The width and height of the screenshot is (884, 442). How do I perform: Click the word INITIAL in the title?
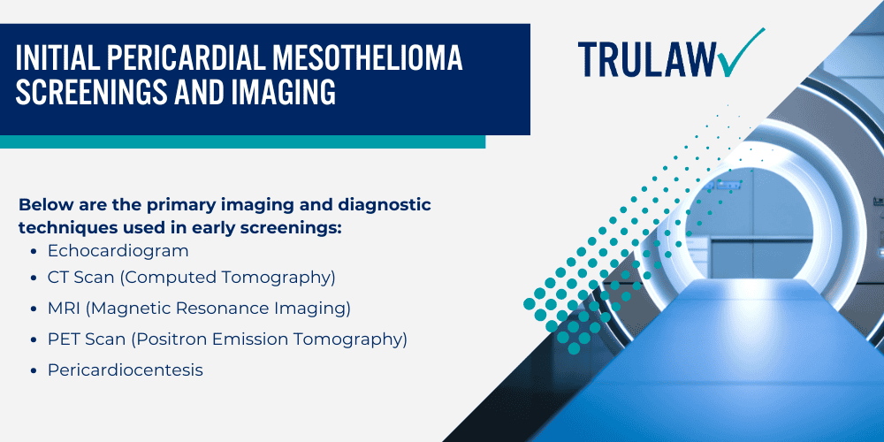click(x=60, y=59)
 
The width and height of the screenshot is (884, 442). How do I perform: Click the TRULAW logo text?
click(x=650, y=58)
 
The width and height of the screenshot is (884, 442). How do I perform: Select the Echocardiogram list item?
click(x=118, y=251)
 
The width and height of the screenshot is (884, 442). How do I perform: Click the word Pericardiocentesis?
click(x=125, y=370)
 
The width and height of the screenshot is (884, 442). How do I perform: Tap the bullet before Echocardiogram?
click(x=34, y=252)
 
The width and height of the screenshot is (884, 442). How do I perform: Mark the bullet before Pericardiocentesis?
click(x=34, y=371)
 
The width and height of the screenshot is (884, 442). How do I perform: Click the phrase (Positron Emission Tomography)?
click(x=264, y=339)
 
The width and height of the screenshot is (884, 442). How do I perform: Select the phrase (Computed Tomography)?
click(x=228, y=278)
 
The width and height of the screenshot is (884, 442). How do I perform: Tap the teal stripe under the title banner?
click(x=242, y=141)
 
